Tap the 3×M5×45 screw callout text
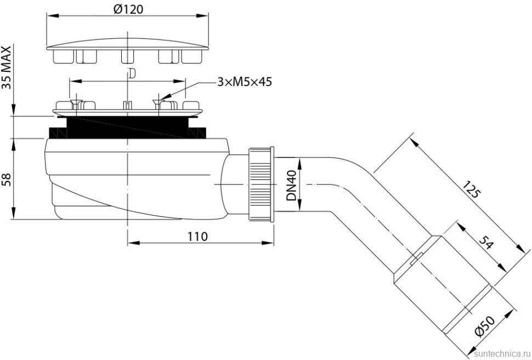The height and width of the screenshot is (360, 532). (244, 82)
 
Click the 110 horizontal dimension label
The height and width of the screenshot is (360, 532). (197, 237)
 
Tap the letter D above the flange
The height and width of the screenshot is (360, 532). (130, 72)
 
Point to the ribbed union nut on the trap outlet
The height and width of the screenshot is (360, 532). (261, 184)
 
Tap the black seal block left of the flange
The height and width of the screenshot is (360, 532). (56, 133)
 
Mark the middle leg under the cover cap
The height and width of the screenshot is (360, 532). (127, 56)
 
